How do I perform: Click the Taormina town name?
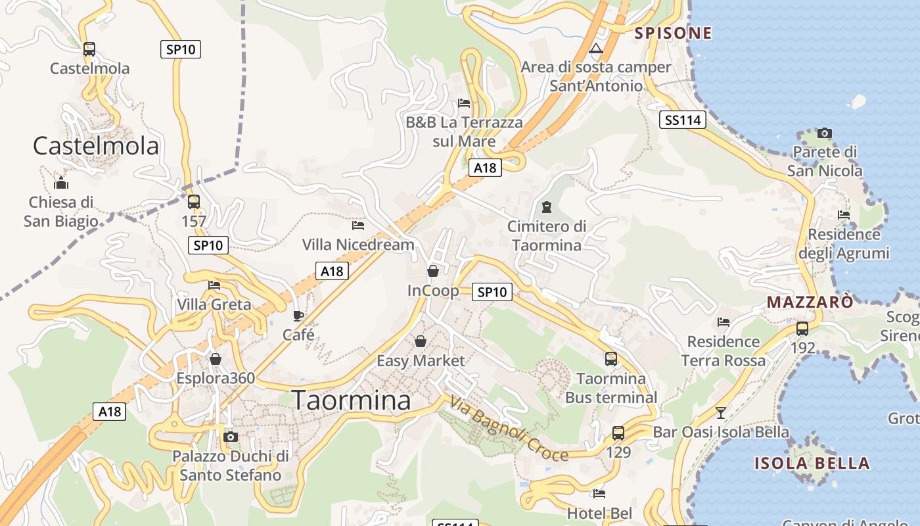point(351,400)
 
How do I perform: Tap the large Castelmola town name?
point(96,145)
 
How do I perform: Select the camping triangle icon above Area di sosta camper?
point(596,48)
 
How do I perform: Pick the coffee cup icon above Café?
point(298,316)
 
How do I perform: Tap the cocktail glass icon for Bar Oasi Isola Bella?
point(721,413)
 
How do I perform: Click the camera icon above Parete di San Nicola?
point(825,133)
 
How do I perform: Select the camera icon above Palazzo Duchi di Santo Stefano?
point(230,437)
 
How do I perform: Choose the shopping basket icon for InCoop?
point(433,271)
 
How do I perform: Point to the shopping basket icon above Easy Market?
point(421,341)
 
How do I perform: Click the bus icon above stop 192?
point(802,329)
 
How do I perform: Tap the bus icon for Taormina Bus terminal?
point(611,359)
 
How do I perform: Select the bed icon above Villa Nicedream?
point(358,226)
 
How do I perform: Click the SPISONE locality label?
point(673,33)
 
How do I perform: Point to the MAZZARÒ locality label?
point(810,302)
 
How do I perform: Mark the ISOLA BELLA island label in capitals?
point(812,463)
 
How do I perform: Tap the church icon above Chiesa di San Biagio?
point(61,182)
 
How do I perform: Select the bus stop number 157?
point(194,221)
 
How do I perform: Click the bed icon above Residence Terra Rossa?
point(724,322)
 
